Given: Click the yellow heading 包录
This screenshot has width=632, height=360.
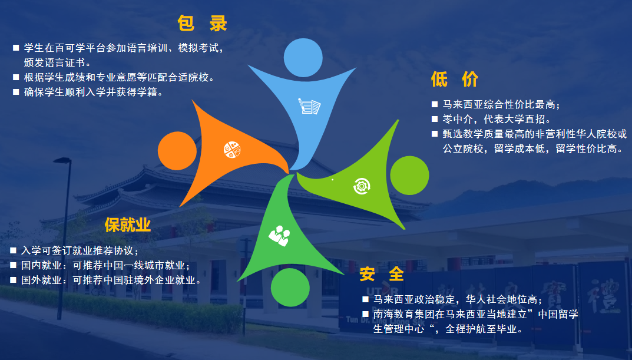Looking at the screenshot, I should tap(202, 24).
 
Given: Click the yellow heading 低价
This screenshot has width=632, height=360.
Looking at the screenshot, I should tap(454, 78).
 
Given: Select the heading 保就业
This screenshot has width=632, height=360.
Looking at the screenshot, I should tap(128, 224).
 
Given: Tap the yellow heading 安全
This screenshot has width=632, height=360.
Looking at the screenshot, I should tap(382, 274).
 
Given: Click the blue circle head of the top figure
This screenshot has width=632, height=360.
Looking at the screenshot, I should tap(303, 57).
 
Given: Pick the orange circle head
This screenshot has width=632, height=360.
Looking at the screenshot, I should tap(177, 150).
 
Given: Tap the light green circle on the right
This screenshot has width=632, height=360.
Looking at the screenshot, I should tap(409, 176).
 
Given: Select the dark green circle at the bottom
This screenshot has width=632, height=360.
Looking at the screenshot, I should tap(290, 287).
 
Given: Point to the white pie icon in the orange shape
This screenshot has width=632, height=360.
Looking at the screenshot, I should tap(231, 150).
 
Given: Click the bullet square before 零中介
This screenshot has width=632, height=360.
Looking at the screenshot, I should tap(435, 120).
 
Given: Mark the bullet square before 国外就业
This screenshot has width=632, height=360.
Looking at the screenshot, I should tap(13, 280).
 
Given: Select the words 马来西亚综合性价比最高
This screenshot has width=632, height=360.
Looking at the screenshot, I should tap(501, 105).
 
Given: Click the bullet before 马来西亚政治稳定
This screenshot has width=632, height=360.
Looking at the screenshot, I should tap(365, 299).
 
